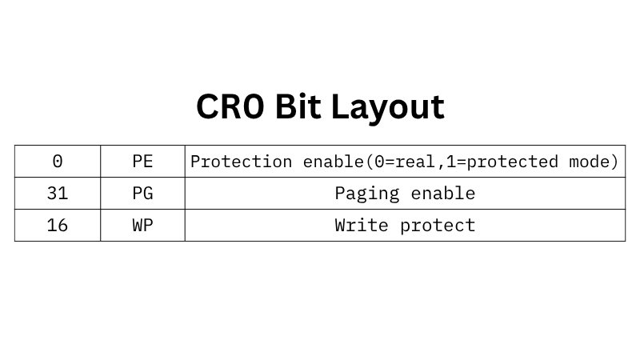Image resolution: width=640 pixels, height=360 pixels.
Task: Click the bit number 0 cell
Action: [58, 162]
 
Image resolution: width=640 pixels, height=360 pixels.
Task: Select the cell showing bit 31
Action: [58, 194]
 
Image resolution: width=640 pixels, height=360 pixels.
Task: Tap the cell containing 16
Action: [58, 226]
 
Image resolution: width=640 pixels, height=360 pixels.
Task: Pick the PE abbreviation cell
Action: [142, 162]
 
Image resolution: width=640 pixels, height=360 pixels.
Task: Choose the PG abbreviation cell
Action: [142, 194]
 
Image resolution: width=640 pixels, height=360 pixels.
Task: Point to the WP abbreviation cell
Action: [142, 226]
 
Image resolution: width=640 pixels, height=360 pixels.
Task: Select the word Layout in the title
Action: [397, 107]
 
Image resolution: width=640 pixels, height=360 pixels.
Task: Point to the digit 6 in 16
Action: [63, 226]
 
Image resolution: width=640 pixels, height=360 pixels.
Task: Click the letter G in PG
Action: [147, 194]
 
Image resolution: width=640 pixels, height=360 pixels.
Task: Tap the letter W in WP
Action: [137, 226]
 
